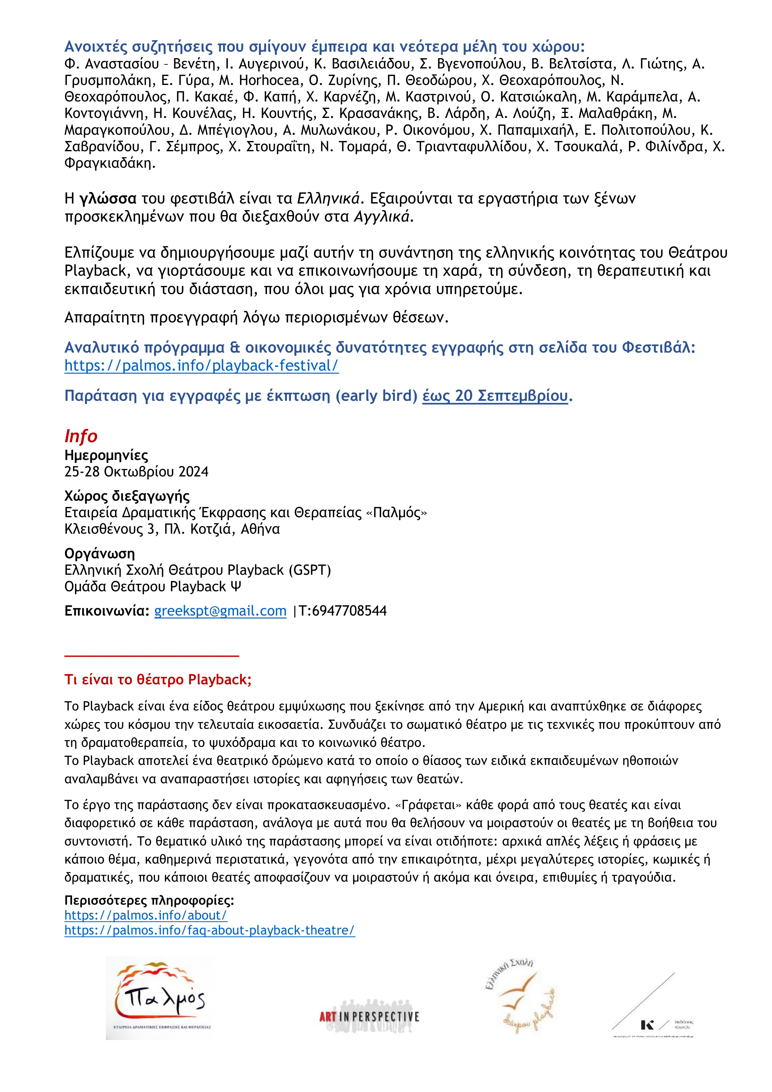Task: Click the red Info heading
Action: tap(81, 436)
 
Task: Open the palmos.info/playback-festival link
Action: tap(201, 366)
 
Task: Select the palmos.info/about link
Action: tap(146, 915)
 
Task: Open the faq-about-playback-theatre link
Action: tap(209, 930)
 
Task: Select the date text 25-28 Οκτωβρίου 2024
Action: tap(137, 472)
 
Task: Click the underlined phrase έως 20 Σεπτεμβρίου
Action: tap(495, 396)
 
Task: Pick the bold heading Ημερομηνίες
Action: tap(106, 455)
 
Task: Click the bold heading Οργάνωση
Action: tap(99, 554)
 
